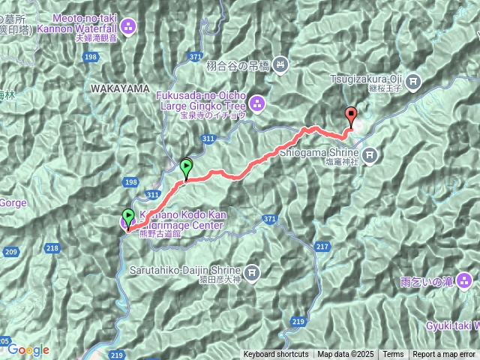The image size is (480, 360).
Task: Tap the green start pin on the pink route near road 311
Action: (x=186, y=169)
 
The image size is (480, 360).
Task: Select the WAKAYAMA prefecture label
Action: (x=119, y=88)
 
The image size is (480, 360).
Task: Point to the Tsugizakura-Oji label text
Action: (x=370, y=76)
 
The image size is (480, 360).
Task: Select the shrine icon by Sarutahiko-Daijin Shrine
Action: (x=252, y=271)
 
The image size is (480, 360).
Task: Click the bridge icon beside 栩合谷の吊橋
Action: (x=280, y=64)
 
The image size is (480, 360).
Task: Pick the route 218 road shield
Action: (x=52, y=247)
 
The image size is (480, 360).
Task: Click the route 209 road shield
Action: (x=10, y=252)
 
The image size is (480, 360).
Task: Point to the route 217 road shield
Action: (x=322, y=246)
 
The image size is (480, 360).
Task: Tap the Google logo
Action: (x=28, y=349)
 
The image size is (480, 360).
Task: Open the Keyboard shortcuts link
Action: (x=275, y=355)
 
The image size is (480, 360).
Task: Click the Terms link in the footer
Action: (x=393, y=355)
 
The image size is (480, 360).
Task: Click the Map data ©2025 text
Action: (x=345, y=355)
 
